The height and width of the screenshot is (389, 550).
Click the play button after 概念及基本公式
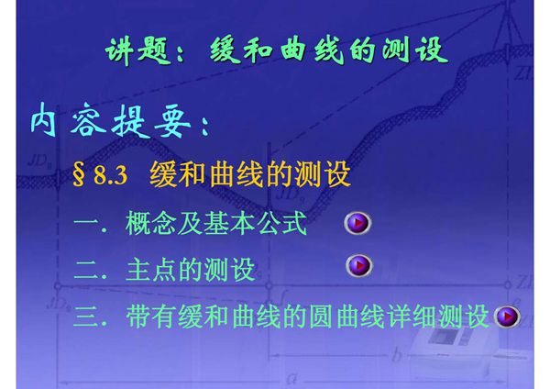(358, 223)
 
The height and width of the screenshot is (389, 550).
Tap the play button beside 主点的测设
(358, 266)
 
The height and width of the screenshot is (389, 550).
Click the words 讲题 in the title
(134, 50)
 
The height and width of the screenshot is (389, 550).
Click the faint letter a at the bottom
(291, 377)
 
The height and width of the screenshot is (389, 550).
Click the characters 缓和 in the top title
(230, 50)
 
